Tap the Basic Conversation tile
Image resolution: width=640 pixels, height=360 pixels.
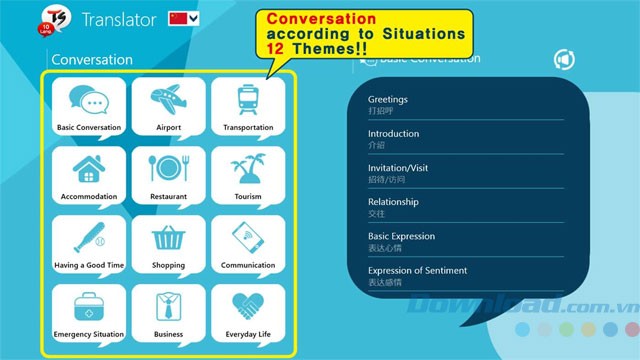coord(89,106)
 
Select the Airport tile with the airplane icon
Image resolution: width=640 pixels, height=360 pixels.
coord(169,106)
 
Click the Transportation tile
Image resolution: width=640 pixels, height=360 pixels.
coord(248,106)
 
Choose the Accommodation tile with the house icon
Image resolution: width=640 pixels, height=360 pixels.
coord(89,175)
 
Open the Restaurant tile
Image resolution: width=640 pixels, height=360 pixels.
coord(169,175)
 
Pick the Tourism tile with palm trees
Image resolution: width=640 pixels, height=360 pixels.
coord(248,175)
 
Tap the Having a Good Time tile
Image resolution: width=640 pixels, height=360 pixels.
coord(89,244)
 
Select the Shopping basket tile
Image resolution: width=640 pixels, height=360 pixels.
coord(169,244)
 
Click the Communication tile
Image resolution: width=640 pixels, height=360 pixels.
coord(248,244)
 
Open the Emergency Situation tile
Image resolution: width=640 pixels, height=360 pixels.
coord(89,313)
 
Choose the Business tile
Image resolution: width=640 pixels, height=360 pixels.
coord(169,313)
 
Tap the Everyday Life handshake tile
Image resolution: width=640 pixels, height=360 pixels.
coord(248,313)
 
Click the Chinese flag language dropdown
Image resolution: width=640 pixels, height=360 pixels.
coord(184,18)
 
